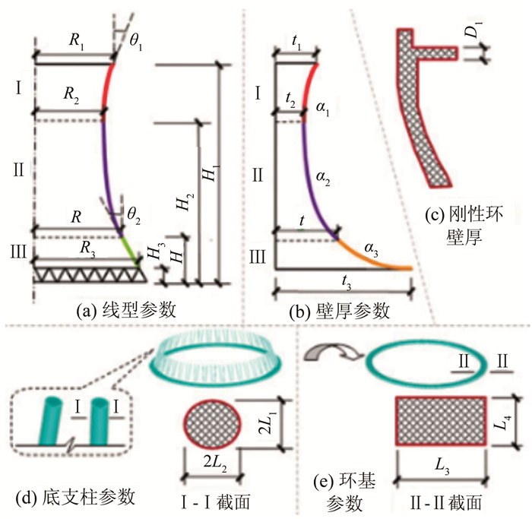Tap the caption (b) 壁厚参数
(349, 309)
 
